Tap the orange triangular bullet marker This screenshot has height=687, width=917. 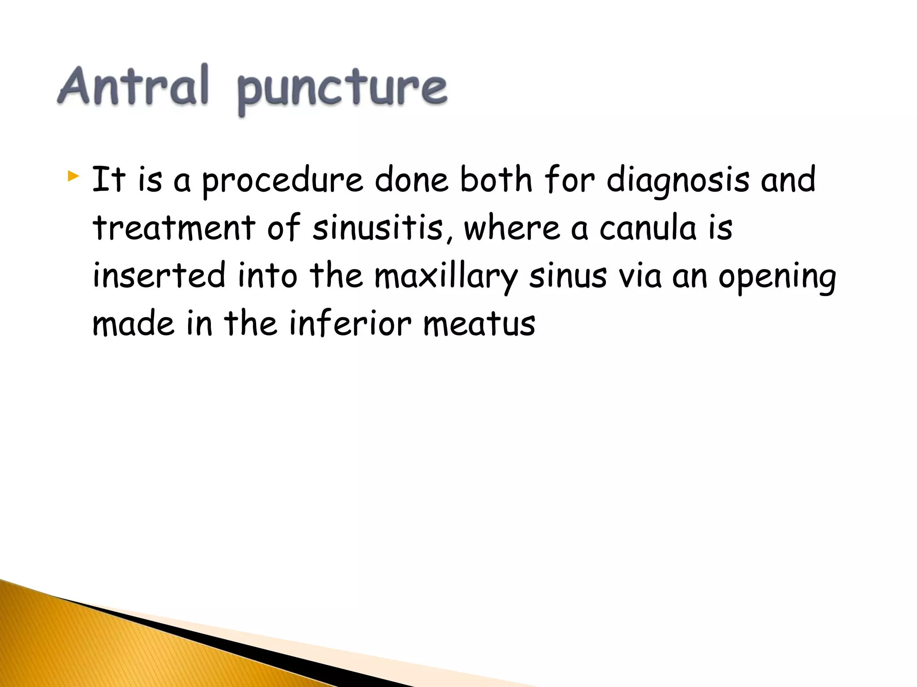[x=73, y=176]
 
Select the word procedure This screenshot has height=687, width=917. [x=283, y=180]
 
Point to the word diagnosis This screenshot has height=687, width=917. [x=677, y=180]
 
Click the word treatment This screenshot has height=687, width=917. [x=174, y=228]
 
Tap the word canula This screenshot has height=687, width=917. [x=647, y=228]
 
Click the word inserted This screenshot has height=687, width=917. [x=159, y=276]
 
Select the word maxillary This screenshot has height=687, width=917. [x=446, y=276]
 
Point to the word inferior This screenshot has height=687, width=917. [x=350, y=323]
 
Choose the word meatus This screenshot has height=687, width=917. [x=479, y=323]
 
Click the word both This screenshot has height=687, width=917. [x=496, y=179]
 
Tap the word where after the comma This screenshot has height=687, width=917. [x=512, y=228]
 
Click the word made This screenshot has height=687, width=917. [x=133, y=323]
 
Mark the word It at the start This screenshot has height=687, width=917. [x=108, y=179]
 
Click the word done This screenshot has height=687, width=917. [x=411, y=179]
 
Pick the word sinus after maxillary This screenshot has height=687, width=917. [x=568, y=276]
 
